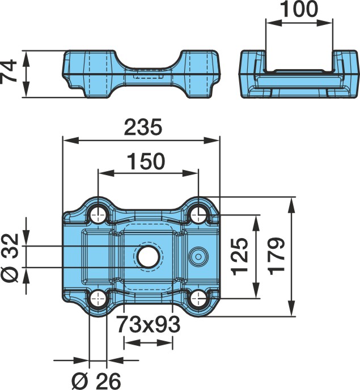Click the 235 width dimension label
click(143, 128)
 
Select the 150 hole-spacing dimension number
click(146, 161)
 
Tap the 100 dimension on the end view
click(299, 9)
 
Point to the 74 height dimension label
click(9, 71)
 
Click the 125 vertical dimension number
click(240, 257)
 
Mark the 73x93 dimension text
click(149, 324)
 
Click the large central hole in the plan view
click(148, 257)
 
